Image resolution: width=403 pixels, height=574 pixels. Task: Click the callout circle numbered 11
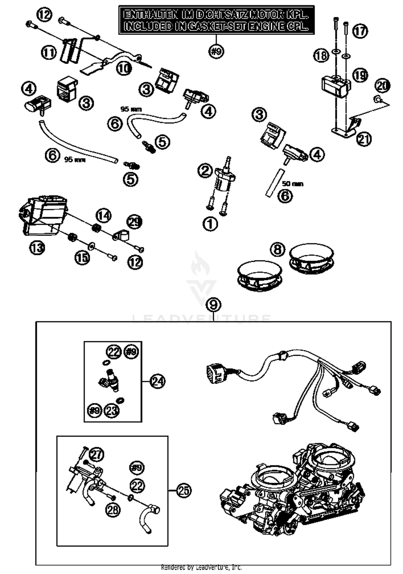49,52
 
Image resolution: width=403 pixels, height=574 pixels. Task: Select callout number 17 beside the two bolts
360,31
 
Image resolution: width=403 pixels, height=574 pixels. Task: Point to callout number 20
382,86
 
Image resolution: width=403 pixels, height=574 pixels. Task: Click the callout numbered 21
364,139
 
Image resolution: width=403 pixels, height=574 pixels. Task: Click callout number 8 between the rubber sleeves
278,249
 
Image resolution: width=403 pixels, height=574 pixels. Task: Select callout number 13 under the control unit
37,248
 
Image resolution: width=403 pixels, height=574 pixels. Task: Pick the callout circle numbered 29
134,222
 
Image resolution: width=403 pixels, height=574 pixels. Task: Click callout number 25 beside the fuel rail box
184,491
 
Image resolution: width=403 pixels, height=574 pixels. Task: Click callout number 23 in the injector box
112,410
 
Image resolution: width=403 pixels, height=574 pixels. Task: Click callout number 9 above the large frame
213,305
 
